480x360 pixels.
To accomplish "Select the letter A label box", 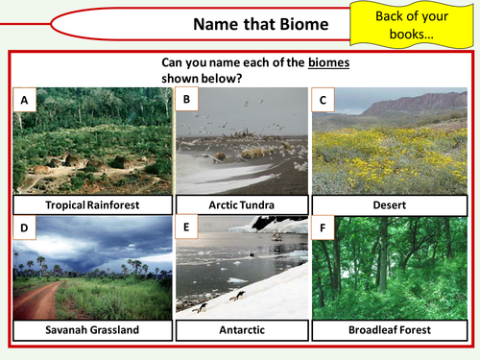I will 24,98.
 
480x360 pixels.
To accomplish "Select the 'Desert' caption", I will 388,204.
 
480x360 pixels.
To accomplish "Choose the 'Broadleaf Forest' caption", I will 388,330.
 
